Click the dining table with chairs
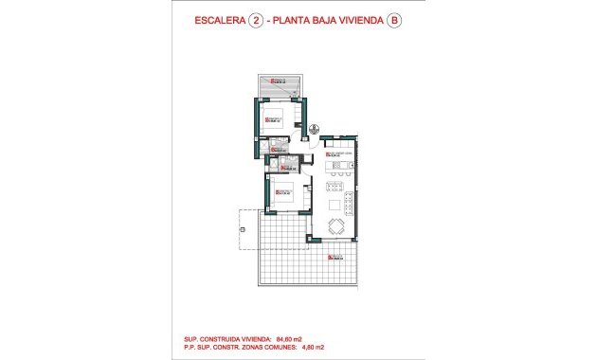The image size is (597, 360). pyautogui.click(x=336, y=225)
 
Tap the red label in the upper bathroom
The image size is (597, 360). pyautogui.click(x=279, y=148)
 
